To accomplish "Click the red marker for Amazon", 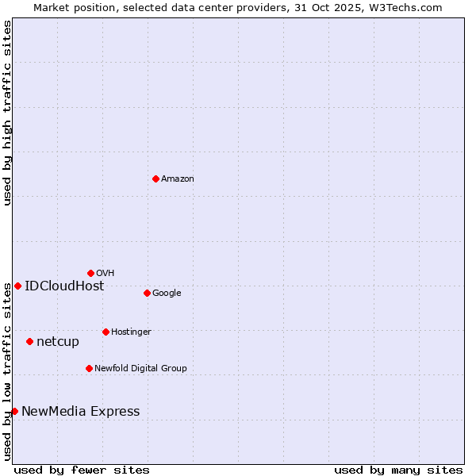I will pos(155,178).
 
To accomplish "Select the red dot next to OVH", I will pos(90,273).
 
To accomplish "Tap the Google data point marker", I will pos(147,293).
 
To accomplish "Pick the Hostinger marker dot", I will pos(106,332).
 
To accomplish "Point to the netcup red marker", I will pos(29,341).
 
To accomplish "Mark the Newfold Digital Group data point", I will pos(89,368).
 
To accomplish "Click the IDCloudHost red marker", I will pos(17,286).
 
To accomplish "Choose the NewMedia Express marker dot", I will pos(14,411).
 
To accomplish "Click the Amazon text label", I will pos(178,179).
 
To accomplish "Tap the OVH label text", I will pos(106,274).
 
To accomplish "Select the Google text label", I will pos(167,294).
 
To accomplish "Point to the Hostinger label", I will pos(131,332).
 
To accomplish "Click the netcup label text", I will pos(58,342).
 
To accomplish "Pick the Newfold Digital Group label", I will pos(140,369).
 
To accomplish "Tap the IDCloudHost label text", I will pos(64,286).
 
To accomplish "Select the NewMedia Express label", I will pos(80,412).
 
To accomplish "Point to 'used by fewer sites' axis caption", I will pos(82,470).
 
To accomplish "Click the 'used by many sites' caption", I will pos(398,470).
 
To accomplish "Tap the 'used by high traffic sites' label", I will pos(7,113).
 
